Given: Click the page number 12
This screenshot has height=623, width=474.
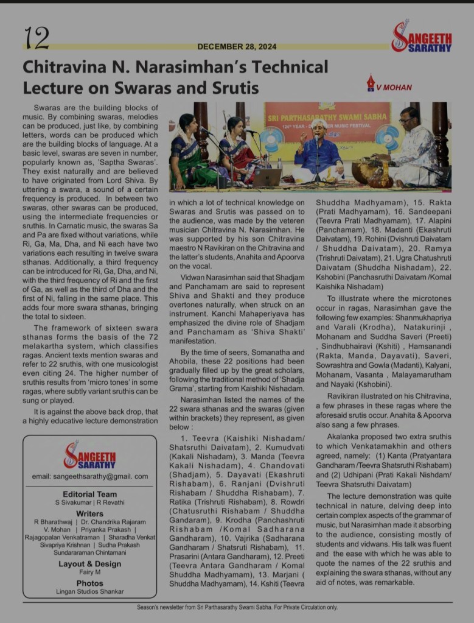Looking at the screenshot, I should pyautogui.click(x=37, y=38).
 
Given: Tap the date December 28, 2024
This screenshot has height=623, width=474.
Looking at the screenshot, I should pyautogui.click(x=237, y=46).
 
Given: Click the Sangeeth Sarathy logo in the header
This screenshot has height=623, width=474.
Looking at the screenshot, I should pyautogui.click(x=421, y=37).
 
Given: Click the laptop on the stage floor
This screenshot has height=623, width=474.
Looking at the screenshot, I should pyautogui.click(x=267, y=178).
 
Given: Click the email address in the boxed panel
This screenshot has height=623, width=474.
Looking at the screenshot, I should pyautogui.click(x=89, y=476).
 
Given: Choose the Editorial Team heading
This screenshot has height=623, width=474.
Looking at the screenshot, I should pyautogui.click(x=89, y=494).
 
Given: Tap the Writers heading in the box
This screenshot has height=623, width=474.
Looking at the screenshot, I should pyautogui.click(x=89, y=514).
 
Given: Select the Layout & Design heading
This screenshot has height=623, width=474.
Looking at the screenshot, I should pyautogui.click(x=89, y=564).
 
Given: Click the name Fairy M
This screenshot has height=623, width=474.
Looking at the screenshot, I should pyautogui.click(x=89, y=572).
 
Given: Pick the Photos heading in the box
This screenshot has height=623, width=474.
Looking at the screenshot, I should pyautogui.click(x=89, y=583).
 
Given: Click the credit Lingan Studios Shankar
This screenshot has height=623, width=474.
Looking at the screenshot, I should pyautogui.click(x=89, y=591).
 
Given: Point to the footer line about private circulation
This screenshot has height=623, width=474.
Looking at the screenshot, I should pyautogui.click(x=237, y=607).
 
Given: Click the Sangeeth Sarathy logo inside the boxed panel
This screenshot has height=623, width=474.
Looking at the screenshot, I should pyautogui.click(x=89, y=456).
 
